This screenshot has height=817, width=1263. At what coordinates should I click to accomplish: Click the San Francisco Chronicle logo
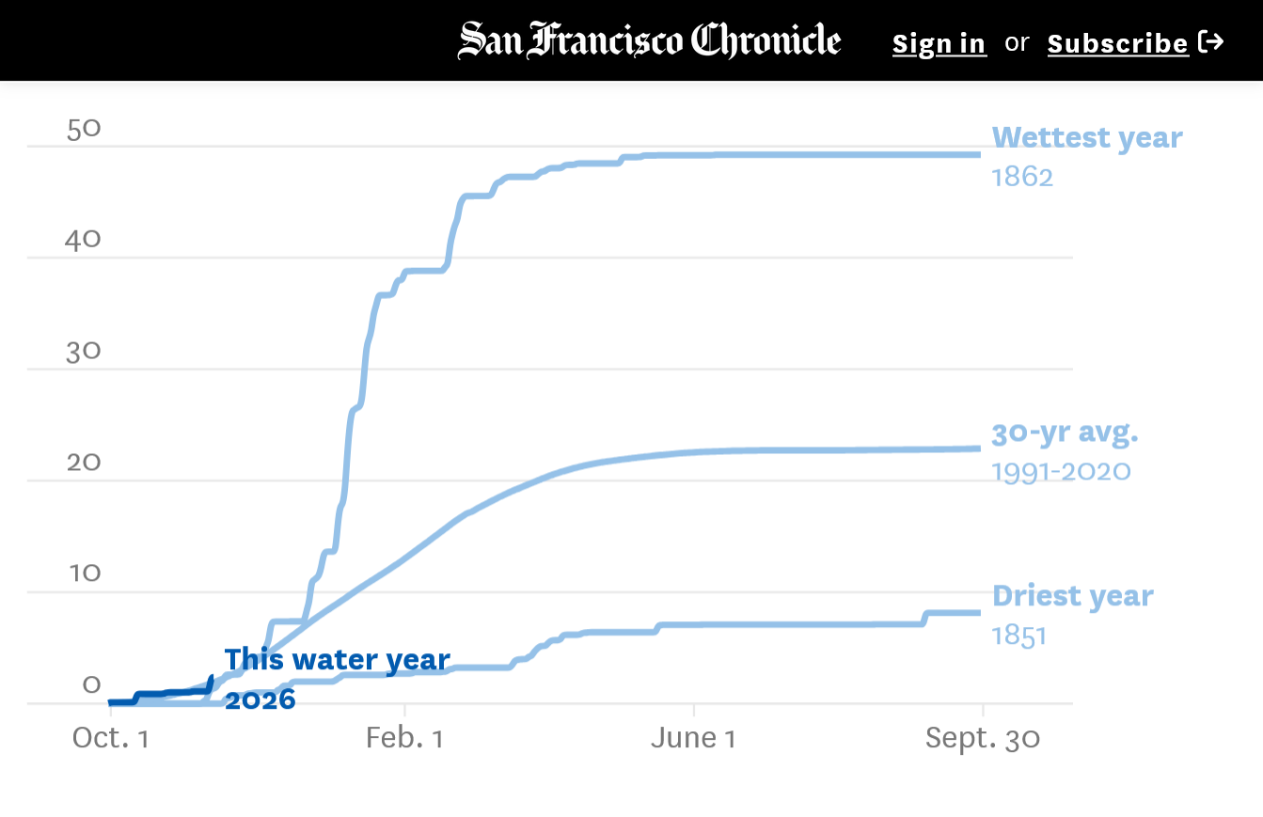pyautogui.click(x=650, y=41)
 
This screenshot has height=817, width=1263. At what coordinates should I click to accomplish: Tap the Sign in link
pyautogui.click(x=939, y=43)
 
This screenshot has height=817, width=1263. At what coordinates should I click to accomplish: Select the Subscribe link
pyautogui.click(x=1117, y=43)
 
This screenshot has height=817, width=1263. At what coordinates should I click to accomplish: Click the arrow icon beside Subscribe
pyautogui.click(x=1211, y=41)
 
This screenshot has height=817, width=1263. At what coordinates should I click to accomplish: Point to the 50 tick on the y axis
pyautogui.click(x=84, y=129)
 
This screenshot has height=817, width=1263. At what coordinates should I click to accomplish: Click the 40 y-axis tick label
pyautogui.click(x=83, y=240)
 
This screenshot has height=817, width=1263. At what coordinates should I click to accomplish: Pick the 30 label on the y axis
pyautogui.click(x=83, y=352)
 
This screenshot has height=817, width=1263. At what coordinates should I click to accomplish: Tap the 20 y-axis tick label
pyautogui.click(x=83, y=463)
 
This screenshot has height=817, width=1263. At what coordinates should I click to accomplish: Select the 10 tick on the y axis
pyautogui.click(x=84, y=573)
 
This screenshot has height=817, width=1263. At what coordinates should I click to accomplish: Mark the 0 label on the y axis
pyautogui.click(x=91, y=684)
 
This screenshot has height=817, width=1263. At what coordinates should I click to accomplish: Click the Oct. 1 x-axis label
pyautogui.click(x=111, y=738)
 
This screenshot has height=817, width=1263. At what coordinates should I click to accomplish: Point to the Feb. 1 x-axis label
pyautogui.click(x=404, y=738)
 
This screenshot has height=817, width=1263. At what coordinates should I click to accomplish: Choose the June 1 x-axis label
pyautogui.click(x=693, y=738)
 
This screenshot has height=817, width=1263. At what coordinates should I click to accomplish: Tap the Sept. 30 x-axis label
pyautogui.click(x=983, y=738)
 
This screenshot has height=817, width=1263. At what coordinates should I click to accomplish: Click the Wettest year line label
pyautogui.click(x=1087, y=137)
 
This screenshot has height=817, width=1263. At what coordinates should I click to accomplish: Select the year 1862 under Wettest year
pyautogui.click(x=1022, y=177)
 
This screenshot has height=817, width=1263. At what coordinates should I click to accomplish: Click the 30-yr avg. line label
pyautogui.click(x=1065, y=432)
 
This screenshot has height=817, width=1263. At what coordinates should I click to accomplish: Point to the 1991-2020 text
pyautogui.click(x=1061, y=470)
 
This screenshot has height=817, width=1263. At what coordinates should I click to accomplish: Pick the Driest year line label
pyautogui.click(x=1072, y=596)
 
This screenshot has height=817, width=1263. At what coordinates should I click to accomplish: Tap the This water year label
pyautogui.click(x=337, y=660)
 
